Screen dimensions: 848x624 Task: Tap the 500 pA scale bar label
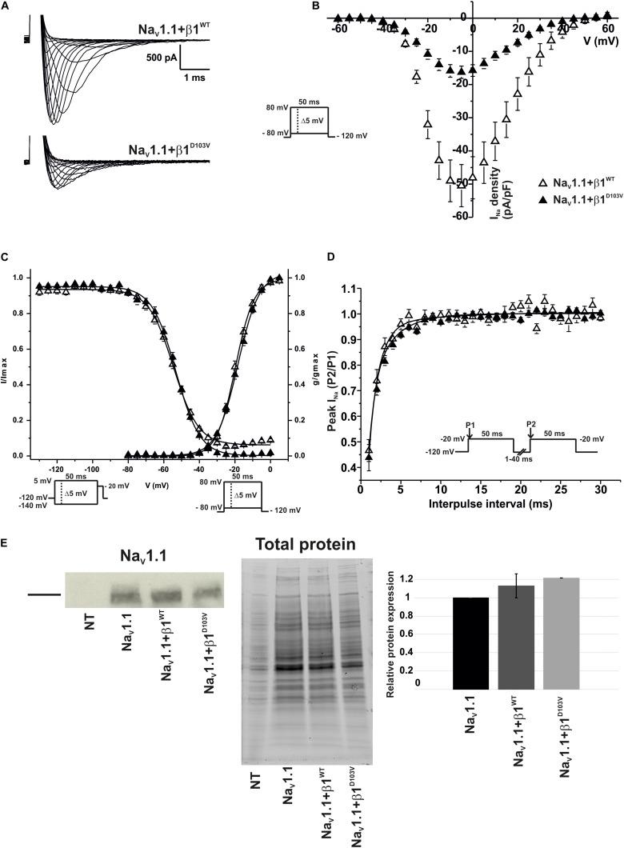[156, 57]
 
